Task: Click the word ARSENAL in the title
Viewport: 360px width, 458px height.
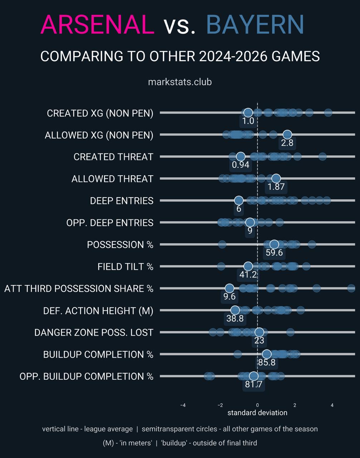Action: coord(98,25)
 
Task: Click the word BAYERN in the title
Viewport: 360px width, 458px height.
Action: coord(255,25)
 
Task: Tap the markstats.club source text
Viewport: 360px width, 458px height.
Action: coord(180,82)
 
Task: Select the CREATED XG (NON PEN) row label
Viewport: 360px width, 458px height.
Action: coord(100,113)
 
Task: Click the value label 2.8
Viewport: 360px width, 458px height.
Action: coord(287,143)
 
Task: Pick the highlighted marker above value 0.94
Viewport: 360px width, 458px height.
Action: coord(240,156)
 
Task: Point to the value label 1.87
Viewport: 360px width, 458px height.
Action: coord(276,187)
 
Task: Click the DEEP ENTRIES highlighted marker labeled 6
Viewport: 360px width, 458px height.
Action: coord(239,200)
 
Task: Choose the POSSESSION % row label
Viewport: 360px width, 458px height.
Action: coord(120,245)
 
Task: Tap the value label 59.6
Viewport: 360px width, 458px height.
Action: coord(274,253)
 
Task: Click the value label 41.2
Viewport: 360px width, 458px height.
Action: coord(247,275)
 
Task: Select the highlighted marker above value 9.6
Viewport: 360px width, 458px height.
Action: coord(229,288)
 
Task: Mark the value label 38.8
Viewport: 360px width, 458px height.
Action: coord(235,318)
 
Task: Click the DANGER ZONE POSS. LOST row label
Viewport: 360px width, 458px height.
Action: coord(94,332)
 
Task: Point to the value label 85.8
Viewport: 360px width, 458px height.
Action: coord(267,362)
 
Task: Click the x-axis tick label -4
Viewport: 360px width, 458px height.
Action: coord(183,405)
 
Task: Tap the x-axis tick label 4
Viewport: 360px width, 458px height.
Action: coord(332,405)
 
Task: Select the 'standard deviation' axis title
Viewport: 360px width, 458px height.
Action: coord(257,413)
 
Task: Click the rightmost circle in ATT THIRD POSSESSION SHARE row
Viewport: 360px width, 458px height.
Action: coord(351,288)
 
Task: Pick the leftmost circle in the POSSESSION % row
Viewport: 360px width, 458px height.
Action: coord(222,244)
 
